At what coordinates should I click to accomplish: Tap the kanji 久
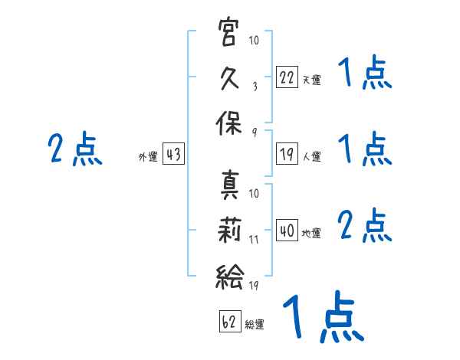229,79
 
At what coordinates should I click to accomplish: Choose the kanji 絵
229,275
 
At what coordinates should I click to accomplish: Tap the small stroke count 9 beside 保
255,133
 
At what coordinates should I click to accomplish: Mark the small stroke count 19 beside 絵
255,285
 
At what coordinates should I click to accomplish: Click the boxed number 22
287,77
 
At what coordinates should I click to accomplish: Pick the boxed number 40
287,230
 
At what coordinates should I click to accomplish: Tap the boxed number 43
173,155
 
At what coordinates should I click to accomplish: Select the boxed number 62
229,322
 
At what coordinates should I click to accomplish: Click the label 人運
311,156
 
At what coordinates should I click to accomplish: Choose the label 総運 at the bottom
255,325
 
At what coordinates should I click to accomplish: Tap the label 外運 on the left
147,157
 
